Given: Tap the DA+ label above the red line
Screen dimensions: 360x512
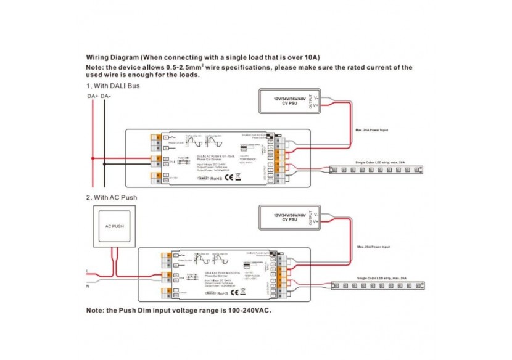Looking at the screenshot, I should tap(91, 97).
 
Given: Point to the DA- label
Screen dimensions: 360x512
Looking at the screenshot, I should tap(105, 97).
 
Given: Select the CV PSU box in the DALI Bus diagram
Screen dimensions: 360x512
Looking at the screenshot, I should tap(290, 101).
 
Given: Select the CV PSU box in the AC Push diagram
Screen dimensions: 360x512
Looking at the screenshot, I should tap(290, 218).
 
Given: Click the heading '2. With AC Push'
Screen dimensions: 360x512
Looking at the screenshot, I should tap(112, 197).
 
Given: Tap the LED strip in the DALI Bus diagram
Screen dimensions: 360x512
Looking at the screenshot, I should tap(377, 168).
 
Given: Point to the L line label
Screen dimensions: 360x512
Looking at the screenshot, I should tap(88, 271).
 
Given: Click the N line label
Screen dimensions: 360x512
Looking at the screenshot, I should tap(88, 285).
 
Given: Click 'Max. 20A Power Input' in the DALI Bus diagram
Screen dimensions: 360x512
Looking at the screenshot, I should tap(372, 130).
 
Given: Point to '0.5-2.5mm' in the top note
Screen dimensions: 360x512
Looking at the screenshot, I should tap(174, 67).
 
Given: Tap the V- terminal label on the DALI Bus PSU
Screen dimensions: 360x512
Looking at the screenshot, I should tap(316, 97).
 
